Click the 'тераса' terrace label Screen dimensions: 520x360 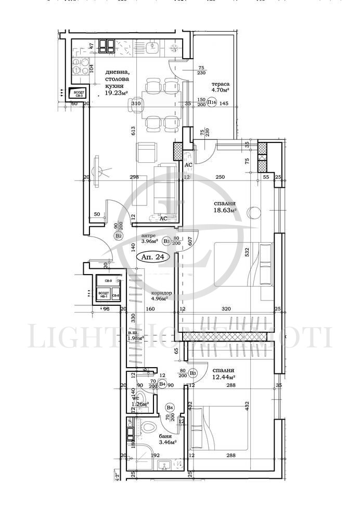click(221, 84)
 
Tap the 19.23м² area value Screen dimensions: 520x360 click(116, 93)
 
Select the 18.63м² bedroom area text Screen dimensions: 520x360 click(225, 211)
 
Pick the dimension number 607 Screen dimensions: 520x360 click(191, 241)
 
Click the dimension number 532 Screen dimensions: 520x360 click(248, 252)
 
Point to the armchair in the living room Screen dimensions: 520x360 click(145, 152)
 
